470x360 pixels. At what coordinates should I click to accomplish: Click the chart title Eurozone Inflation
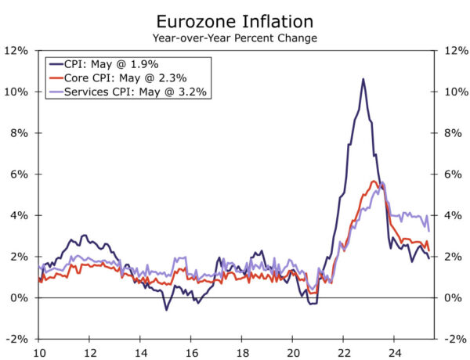(x=235, y=21)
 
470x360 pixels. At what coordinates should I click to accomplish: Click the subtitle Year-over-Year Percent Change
(x=235, y=37)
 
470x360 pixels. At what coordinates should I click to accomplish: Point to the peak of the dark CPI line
(x=363, y=79)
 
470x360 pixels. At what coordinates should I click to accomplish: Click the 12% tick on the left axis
(x=16, y=50)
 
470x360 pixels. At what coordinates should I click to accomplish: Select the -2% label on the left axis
(x=16, y=339)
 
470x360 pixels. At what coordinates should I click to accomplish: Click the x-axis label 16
(x=190, y=351)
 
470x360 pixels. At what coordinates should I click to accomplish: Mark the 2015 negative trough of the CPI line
(x=165, y=310)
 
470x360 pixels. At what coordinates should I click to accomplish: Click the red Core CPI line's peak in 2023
(x=374, y=182)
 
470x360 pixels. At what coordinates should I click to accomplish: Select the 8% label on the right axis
(x=454, y=133)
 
